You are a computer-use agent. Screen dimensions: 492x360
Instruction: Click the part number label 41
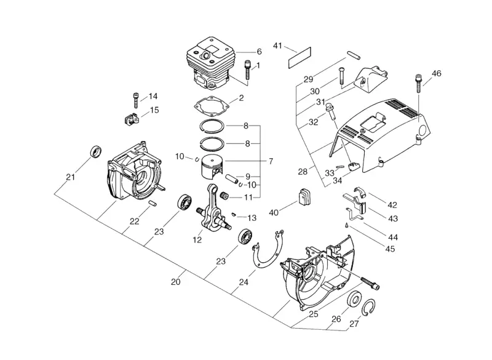[x=277, y=46]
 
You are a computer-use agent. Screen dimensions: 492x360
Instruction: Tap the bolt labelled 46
[x=418, y=83]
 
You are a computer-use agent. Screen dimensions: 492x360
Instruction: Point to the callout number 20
[x=176, y=282]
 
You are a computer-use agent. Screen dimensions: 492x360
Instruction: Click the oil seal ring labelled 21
[x=96, y=151]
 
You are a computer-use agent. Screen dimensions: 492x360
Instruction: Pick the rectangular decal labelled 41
[x=300, y=58]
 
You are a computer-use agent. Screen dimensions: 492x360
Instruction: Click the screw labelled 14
[x=135, y=100]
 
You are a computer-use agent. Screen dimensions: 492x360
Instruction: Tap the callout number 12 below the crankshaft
[x=197, y=240]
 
